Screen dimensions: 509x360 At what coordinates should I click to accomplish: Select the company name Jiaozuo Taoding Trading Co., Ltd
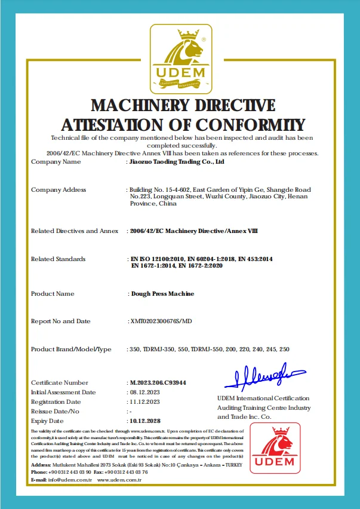click(x=177, y=161)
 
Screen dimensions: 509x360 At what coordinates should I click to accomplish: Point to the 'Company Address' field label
click(x=59, y=190)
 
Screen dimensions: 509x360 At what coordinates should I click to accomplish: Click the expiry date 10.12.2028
click(x=146, y=421)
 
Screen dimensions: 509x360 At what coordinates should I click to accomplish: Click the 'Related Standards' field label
click(x=58, y=259)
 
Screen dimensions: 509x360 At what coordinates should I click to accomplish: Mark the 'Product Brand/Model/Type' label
click(x=71, y=349)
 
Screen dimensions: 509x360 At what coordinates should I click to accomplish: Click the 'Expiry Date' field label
click(x=48, y=421)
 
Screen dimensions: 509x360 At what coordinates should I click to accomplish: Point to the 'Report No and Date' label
click(x=61, y=321)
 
